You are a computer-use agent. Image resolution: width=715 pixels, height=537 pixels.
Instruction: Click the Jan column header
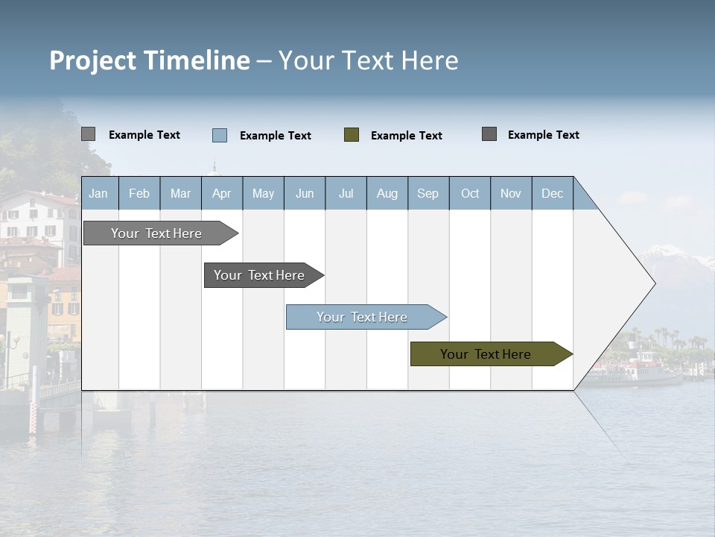click(x=98, y=194)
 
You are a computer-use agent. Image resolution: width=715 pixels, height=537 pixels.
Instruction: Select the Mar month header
click(x=180, y=194)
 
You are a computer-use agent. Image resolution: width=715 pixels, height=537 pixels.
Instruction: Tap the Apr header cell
click(x=221, y=194)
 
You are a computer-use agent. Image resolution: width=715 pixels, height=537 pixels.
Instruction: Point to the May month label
click(x=263, y=194)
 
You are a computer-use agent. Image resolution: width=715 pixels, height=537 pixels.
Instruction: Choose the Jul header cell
click(x=346, y=194)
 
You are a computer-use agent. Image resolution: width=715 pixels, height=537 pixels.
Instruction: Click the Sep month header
click(x=428, y=194)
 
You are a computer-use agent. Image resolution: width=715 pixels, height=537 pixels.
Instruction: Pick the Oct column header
click(x=470, y=194)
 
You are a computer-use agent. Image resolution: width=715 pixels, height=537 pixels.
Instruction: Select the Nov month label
click(x=511, y=194)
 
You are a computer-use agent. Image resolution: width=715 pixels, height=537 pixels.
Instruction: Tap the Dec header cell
click(x=552, y=194)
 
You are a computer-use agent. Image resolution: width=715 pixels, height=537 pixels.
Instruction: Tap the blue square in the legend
click(x=220, y=135)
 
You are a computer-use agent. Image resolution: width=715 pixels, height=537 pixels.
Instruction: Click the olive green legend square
click(x=352, y=135)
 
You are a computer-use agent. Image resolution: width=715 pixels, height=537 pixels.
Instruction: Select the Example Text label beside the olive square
click(x=406, y=136)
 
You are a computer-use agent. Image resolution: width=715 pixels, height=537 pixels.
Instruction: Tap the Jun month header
click(x=305, y=194)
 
